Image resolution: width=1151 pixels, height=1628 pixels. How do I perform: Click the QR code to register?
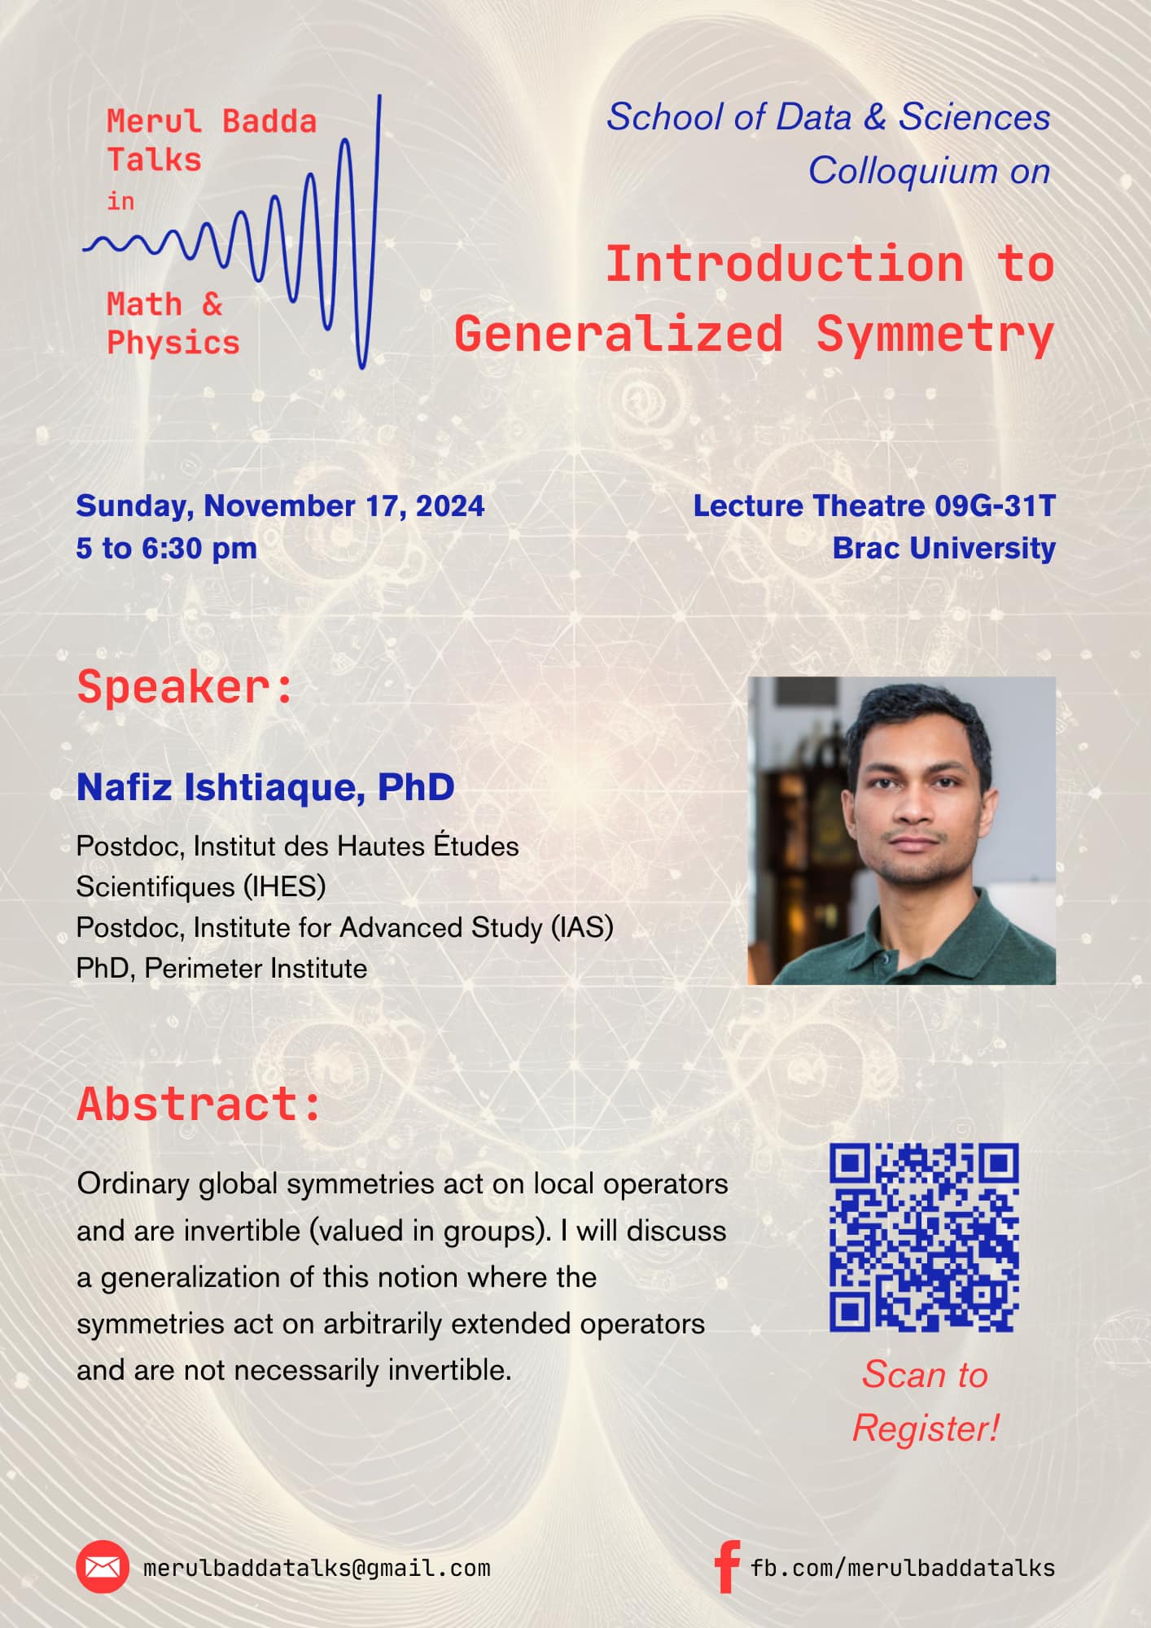[924, 1237]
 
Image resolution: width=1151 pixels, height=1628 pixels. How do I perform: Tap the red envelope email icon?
[103, 1566]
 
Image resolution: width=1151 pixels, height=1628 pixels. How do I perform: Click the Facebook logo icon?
[726, 1566]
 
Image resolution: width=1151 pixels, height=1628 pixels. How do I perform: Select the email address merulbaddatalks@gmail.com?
[317, 1568]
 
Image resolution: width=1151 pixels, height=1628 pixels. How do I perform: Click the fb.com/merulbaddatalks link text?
[902, 1568]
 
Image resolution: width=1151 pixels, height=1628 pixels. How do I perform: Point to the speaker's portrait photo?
[901, 830]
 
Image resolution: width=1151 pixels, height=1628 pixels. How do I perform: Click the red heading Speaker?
[185, 688]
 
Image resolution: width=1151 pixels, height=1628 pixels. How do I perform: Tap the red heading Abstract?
[199, 1105]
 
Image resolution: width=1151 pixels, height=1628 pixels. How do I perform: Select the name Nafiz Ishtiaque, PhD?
[265, 787]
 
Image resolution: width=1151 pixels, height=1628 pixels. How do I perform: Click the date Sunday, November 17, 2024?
[280, 506]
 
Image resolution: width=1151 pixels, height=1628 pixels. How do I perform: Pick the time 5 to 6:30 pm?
[167, 549]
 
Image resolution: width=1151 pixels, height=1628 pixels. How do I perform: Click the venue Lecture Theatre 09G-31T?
[873, 506]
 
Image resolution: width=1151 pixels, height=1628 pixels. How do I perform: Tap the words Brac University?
[943, 549]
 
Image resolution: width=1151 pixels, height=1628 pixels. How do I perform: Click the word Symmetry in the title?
[934, 335]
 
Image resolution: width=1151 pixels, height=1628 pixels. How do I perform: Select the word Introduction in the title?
[784, 265]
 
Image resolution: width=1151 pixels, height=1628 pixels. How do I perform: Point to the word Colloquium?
[903, 171]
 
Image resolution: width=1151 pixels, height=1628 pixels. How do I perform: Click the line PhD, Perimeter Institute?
[221, 969]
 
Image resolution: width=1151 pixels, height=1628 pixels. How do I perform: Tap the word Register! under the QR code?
[926, 1429]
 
